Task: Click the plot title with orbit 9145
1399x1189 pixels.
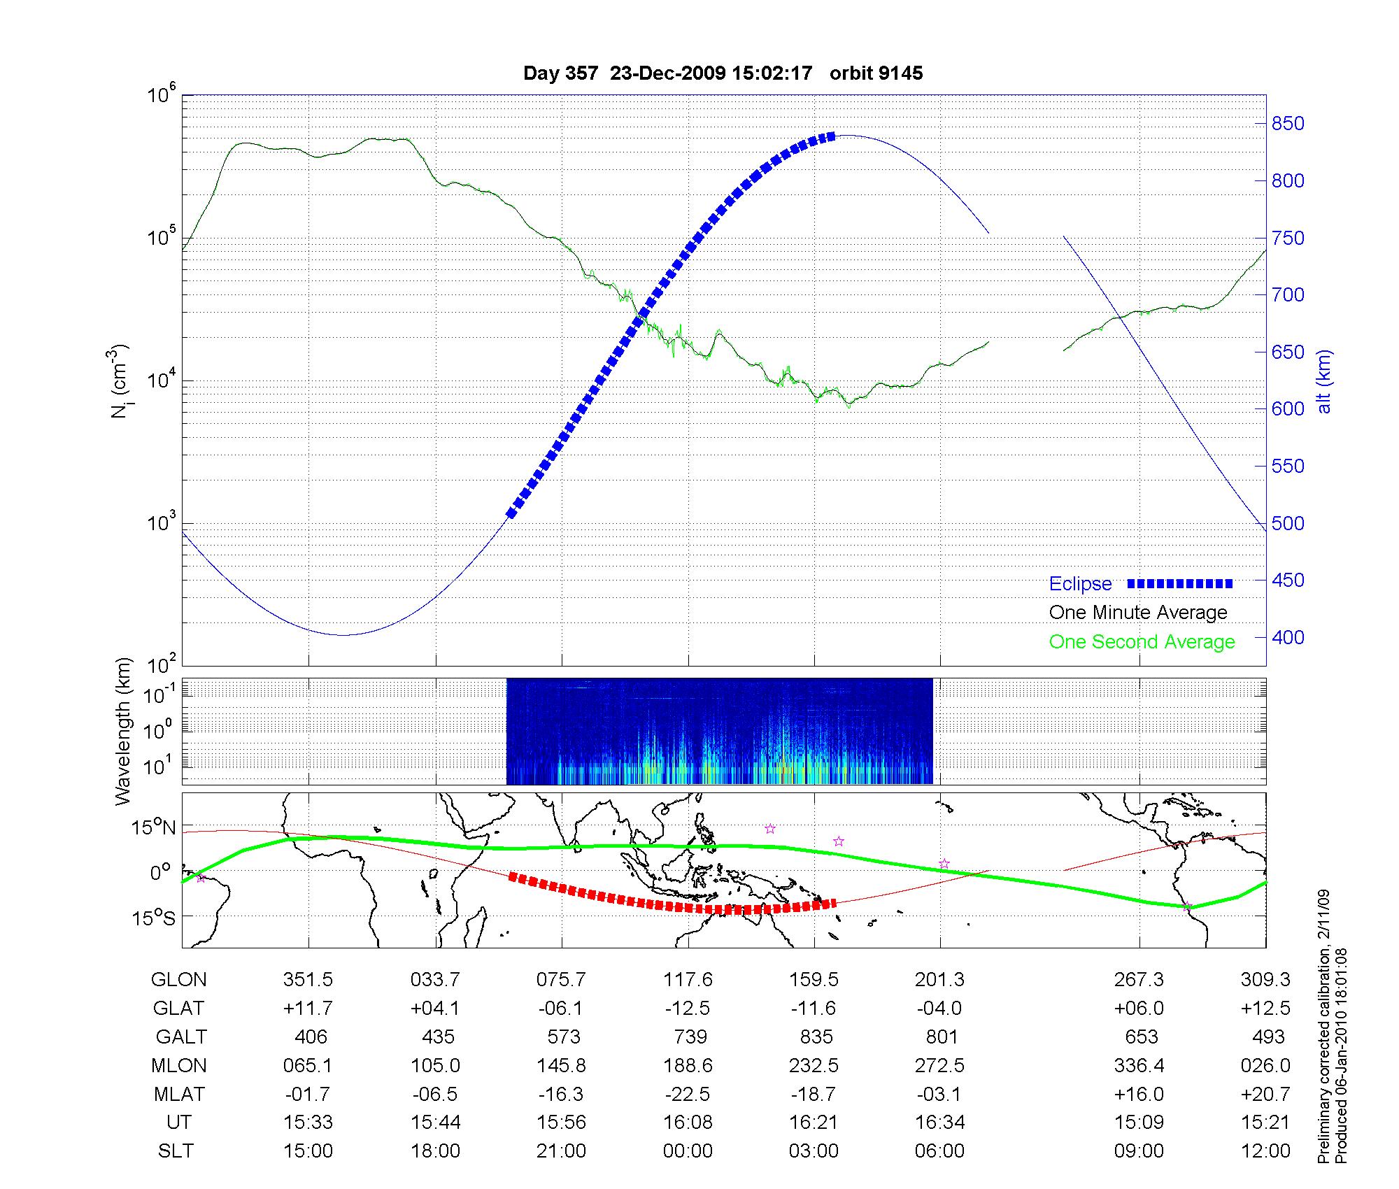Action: (x=723, y=73)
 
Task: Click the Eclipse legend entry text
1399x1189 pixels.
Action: (x=1080, y=583)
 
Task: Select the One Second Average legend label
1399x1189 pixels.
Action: (x=1142, y=642)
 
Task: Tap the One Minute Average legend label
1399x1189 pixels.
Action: (x=1138, y=613)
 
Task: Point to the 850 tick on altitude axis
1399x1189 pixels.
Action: (x=1288, y=124)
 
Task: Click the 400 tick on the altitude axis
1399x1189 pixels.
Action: (x=1288, y=637)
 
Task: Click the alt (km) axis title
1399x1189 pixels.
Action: (x=1324, y=381)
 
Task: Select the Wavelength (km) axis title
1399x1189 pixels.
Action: (x=123, y=731)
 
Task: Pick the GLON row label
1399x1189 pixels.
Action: (x=178, y=980)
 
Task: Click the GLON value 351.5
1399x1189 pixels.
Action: (x=308, y=980)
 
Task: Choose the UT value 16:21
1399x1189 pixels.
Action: (x=813, y=1123)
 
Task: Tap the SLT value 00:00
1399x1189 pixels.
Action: (x=688, y=1151)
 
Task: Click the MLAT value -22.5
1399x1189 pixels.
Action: (x=688, y=1094)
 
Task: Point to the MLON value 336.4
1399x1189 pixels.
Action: (x=1139, y=1066)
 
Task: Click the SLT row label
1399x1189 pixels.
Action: (x=176, y=1151)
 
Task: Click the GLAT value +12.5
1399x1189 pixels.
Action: (x=1265, y=1009)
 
